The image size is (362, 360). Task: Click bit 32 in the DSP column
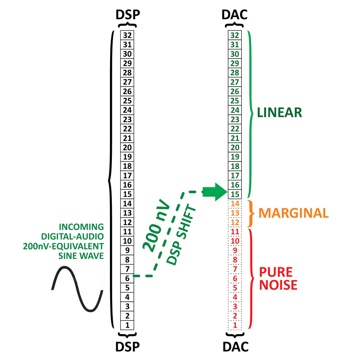127,35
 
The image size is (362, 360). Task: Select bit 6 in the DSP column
127,279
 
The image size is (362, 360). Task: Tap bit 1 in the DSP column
127,325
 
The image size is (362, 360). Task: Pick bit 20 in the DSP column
127,147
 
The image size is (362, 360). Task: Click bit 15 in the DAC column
235,194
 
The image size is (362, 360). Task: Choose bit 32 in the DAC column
235,35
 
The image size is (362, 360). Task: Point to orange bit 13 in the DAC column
235,213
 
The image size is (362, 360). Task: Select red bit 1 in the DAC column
235,325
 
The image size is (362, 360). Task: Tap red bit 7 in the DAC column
235,269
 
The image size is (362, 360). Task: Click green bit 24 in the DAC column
235,110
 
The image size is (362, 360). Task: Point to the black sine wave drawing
77,289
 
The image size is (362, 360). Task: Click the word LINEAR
279,113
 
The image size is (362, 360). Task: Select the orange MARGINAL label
294,213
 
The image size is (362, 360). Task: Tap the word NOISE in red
278,285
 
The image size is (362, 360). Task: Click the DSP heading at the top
128,15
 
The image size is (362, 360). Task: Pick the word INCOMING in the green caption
81,227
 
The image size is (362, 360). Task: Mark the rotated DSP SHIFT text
181,234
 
